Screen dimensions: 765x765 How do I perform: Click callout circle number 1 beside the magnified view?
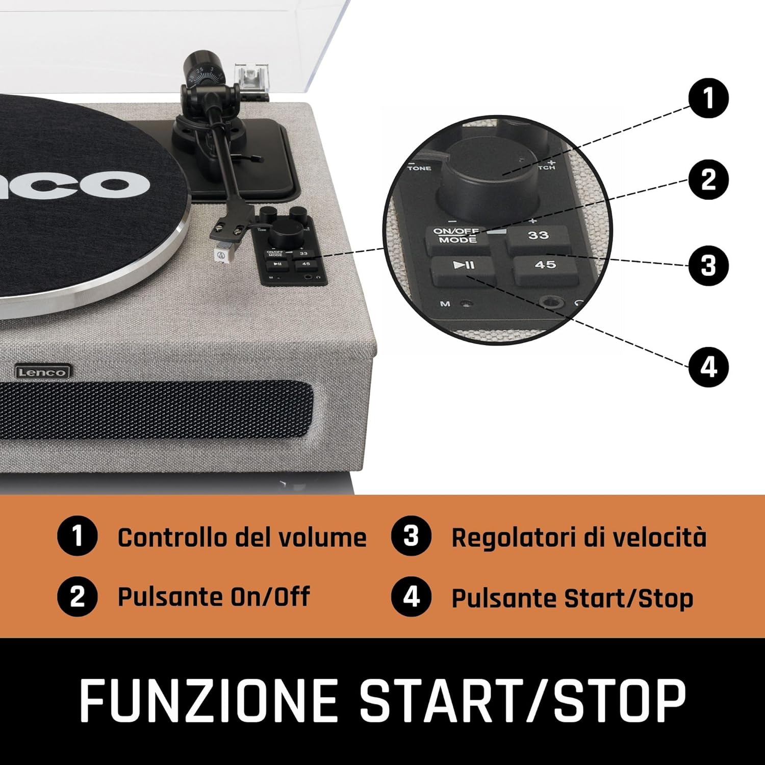tap(708, 98)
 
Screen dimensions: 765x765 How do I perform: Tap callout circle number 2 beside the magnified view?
tap(708, 180)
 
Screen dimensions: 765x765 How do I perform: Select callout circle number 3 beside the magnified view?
tap(708, 266)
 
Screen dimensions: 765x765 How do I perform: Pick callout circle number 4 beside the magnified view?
tap(708, 367)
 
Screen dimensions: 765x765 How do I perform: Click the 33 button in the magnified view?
tap(538, 238)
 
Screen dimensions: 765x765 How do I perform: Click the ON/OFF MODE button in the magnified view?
tap(456, 237)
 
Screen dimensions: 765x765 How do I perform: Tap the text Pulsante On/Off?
tap(213, 597)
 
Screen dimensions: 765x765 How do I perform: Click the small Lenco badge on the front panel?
tap(42, 372)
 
